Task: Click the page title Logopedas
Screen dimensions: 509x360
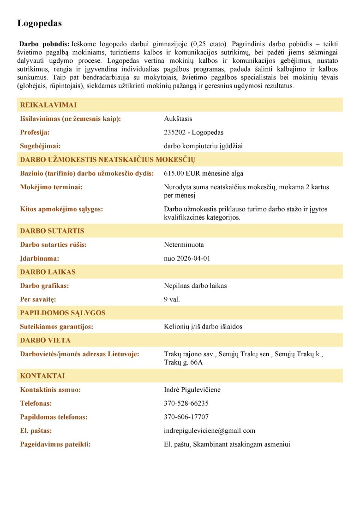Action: [x=39, y=23]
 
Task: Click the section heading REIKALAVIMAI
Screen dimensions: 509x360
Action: [x=48, y=105]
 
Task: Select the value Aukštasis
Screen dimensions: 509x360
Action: [x=178, y=119]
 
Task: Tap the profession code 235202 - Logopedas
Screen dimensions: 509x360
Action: [x=193, y=132]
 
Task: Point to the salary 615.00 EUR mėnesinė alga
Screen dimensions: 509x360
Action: [x=204, y=174]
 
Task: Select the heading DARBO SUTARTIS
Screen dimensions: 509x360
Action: [x=52, y=231]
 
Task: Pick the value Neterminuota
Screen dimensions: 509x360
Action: [x=184, y=245]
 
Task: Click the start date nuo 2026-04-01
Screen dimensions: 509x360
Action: [x=187, y=258]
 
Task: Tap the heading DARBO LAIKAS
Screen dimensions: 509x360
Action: [x=48, y=272]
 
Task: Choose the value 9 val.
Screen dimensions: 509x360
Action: [x=172, y=299]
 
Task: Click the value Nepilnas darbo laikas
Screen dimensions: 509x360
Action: [x=195, y=286]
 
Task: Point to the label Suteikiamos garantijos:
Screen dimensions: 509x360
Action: [x=56, y=327]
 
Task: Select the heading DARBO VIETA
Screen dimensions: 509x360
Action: [x=45, y=341]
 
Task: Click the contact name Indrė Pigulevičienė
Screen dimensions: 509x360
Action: [x=192, y=390]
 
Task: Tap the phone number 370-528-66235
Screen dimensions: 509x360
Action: [x=186, y=403]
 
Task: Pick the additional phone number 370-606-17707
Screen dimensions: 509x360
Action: [x=186, y=417]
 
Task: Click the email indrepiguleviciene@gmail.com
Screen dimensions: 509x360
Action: [x=210, y=431]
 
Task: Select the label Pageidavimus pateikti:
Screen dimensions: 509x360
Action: [x=55, y=444]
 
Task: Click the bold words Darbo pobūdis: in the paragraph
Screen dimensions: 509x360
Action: [x=44, y=44]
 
